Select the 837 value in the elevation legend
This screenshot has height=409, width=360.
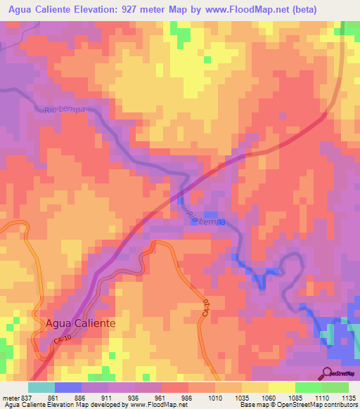click(x=25, y=397)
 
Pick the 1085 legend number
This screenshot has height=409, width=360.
click(x=295, y=397)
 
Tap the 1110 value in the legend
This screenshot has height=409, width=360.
click(x=322, y=397)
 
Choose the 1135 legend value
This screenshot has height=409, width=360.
click(x=348, y=397)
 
